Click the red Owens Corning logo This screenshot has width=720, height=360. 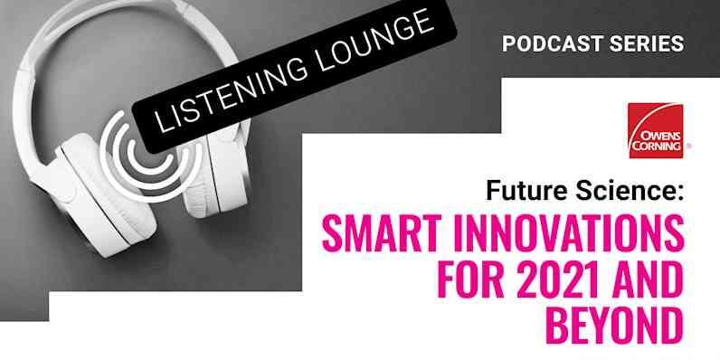tap(656, 130)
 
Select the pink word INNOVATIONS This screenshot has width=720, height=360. tap(569, 237)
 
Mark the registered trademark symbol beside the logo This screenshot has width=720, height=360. tap(689, 145)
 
